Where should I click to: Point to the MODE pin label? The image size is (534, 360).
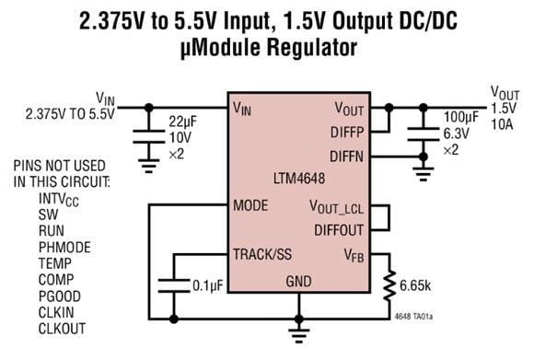tap(251, 204)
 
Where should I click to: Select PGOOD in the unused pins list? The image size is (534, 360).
tap(60, 296)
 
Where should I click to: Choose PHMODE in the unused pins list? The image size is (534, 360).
tap(64, 246)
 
